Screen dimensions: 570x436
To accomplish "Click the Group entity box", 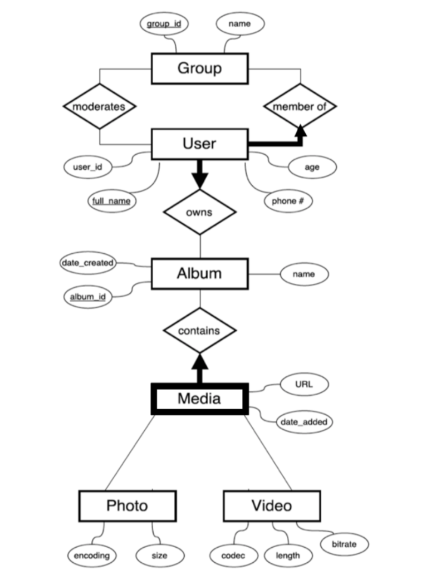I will point(199,68).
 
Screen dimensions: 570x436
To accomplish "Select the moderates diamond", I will point(100,106).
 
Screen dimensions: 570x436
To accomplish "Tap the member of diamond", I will point(300,106).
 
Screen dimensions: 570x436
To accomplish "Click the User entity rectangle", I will point(199,144).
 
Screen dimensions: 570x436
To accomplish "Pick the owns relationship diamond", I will point(199,212).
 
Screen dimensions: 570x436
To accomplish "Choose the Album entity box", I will point(199,273).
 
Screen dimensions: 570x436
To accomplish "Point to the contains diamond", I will point(199,330).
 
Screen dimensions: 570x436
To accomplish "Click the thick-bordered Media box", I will point(199,399).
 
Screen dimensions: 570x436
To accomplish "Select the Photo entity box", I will point(128,505).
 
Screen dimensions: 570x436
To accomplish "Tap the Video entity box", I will point(272,505).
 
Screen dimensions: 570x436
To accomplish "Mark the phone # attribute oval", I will point(288,202).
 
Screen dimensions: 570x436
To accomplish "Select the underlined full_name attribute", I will point(111,201).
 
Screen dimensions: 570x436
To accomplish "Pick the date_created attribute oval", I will point(87,263).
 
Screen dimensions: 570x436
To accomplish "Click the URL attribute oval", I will point(303,384).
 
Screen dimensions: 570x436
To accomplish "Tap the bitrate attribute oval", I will point(344,544).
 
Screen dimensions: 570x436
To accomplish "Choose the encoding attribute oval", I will point(92,555).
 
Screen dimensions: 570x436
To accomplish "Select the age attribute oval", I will point(312,167).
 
